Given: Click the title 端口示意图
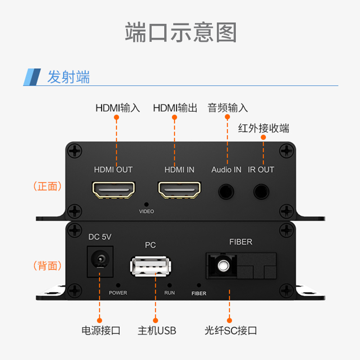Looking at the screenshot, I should pyautogui.click(x=180, y=32).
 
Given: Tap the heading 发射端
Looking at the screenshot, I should pyautogui.click(x=68, y=77).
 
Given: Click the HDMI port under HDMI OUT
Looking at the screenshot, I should pyautogui.click(x=114, y=190).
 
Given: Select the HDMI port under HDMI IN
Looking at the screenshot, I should pyautogui.click(x=180, y=190).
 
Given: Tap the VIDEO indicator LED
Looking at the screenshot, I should pyautogui.click(x=146, y=204).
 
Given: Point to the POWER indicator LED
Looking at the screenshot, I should pyautogui.click(x=118, y=285).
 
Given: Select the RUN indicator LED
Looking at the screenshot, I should pyautogui.click(x=170, y=285).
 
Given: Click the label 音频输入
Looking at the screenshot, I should pyautogui.click(x=227, y=108).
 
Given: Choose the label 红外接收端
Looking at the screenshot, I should pyautogui.click(x=264, y=129).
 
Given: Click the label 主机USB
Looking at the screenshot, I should pyautogui.click(x=157, y=331).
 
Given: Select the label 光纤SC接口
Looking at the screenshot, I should pyautogui.click(x=231, y=331).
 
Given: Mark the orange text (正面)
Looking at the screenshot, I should pyautogui.click(x=48, y=186).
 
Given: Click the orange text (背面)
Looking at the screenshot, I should pyautogui.click(x=48, y=265).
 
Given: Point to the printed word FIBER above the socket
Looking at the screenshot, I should pyautogui.click(x=241, y=242).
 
